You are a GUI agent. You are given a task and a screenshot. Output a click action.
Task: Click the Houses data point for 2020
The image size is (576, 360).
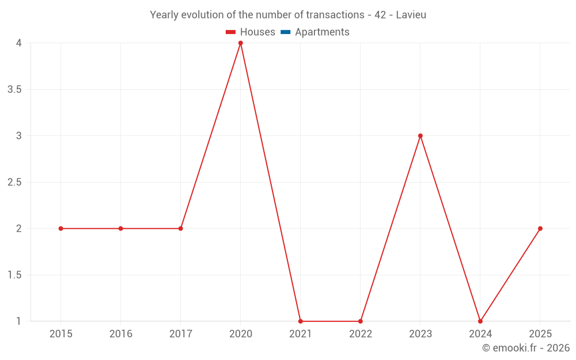click(241, 43)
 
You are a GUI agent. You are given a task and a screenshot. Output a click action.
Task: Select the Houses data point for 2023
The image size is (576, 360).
click(420, 136)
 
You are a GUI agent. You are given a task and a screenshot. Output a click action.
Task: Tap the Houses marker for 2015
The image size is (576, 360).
click(61, 229)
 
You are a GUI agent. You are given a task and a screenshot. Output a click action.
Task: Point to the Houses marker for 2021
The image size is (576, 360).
click(301, 321)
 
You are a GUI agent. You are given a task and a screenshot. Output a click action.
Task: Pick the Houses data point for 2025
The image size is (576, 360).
click(540, 229)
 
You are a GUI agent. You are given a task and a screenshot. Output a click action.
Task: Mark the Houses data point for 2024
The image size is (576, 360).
click(480, 321)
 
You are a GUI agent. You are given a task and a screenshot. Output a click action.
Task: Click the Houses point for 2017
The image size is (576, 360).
click(181, 229)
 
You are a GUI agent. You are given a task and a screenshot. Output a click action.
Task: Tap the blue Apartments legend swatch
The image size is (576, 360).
click(286, 32)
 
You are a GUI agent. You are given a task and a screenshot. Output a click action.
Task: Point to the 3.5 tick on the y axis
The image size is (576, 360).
click(15, 89)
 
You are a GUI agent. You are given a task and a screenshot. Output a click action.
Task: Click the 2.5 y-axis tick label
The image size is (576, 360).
click(15, 182)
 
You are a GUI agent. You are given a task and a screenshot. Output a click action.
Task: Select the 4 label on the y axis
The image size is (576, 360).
click(19, 43)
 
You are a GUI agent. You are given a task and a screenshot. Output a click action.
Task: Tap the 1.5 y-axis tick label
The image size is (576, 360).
click(15, 275)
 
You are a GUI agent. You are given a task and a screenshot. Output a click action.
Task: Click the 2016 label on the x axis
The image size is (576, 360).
click(121, 334)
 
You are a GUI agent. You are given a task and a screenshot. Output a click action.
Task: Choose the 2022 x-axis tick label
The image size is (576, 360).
click(361, 334)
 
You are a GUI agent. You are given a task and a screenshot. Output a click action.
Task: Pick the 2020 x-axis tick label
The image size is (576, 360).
click(241, 334)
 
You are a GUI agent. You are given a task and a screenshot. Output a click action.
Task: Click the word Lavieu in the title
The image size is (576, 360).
click(411, 15)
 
